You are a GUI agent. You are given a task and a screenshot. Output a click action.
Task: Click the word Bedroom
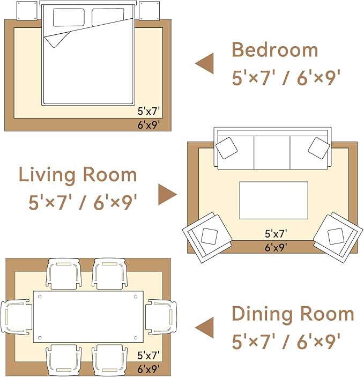pos(275,49)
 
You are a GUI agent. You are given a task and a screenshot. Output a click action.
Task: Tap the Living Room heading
pos(78,175)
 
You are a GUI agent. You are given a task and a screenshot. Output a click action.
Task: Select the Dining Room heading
pos(293,314)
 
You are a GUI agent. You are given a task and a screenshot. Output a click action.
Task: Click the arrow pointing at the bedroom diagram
pos(204,63)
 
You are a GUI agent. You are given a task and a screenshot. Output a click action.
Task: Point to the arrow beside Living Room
pos(168,194)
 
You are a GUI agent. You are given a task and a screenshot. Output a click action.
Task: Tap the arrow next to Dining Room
pos(204,328)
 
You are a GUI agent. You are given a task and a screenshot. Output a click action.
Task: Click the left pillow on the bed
pos(69,18)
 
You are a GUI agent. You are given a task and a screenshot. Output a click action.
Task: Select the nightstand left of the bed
pos(27,11)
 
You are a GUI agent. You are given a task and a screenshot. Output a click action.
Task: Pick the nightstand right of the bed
pos(150,11)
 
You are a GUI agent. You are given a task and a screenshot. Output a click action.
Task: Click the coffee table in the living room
pos(274,200)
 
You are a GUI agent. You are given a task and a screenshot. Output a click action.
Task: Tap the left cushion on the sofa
pos(226,148)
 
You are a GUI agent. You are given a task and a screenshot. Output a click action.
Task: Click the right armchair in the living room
pos(338,237)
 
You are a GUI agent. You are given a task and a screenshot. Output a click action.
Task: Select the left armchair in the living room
pos(207,238)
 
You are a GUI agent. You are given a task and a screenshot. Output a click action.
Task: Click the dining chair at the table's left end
pos(16,317)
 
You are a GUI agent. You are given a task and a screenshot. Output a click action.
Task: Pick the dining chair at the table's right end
pos(161,317)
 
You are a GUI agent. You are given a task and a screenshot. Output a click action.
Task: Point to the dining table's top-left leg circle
pos(40,297)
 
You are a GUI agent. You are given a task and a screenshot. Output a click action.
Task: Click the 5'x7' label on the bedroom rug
pos(148,112)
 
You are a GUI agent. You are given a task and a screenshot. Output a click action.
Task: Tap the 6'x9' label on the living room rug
pos(276,247)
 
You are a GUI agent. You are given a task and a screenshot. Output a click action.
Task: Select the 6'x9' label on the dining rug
pos(148,369)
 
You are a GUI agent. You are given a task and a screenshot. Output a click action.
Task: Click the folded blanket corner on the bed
pos(57,39)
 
